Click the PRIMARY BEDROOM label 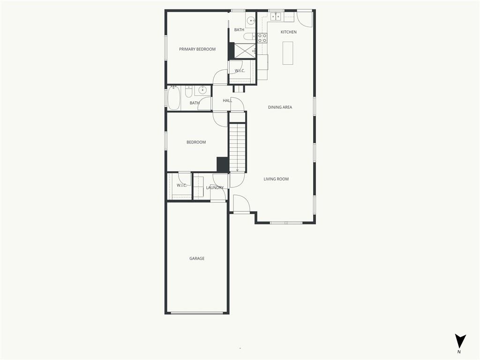pos(197,49)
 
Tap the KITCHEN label pos(288,32)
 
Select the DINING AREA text pos(280,107)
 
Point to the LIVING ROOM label pos(276,179)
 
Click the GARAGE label pos(196,258)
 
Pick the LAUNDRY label pos(215,187)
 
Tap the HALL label pos(227,100)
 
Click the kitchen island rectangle pos(287,53)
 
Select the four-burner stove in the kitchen pos(262,37)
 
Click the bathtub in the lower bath pos(174,97)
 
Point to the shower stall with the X pos(245,51)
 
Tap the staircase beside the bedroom pos(238,147)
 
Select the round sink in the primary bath pos(251,21)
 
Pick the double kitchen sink pos(276,16)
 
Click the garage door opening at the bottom pos(197,313)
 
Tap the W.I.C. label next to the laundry pos(181,186)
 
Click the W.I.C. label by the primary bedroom pos(240,71)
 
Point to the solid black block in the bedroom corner pos(223,165)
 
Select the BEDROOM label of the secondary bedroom pos(196,142)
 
